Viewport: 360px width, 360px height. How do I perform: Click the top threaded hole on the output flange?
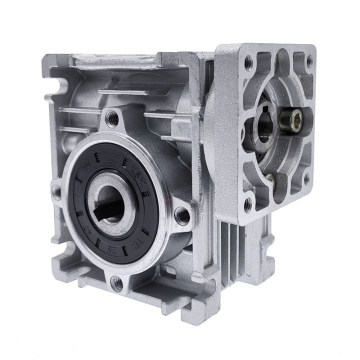(113, 118)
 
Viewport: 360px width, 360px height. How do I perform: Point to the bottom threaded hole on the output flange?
(117, 283)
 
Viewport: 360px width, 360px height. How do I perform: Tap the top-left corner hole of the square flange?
(248, 61)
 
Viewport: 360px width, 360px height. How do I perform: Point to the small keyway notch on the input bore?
(261, 106)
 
